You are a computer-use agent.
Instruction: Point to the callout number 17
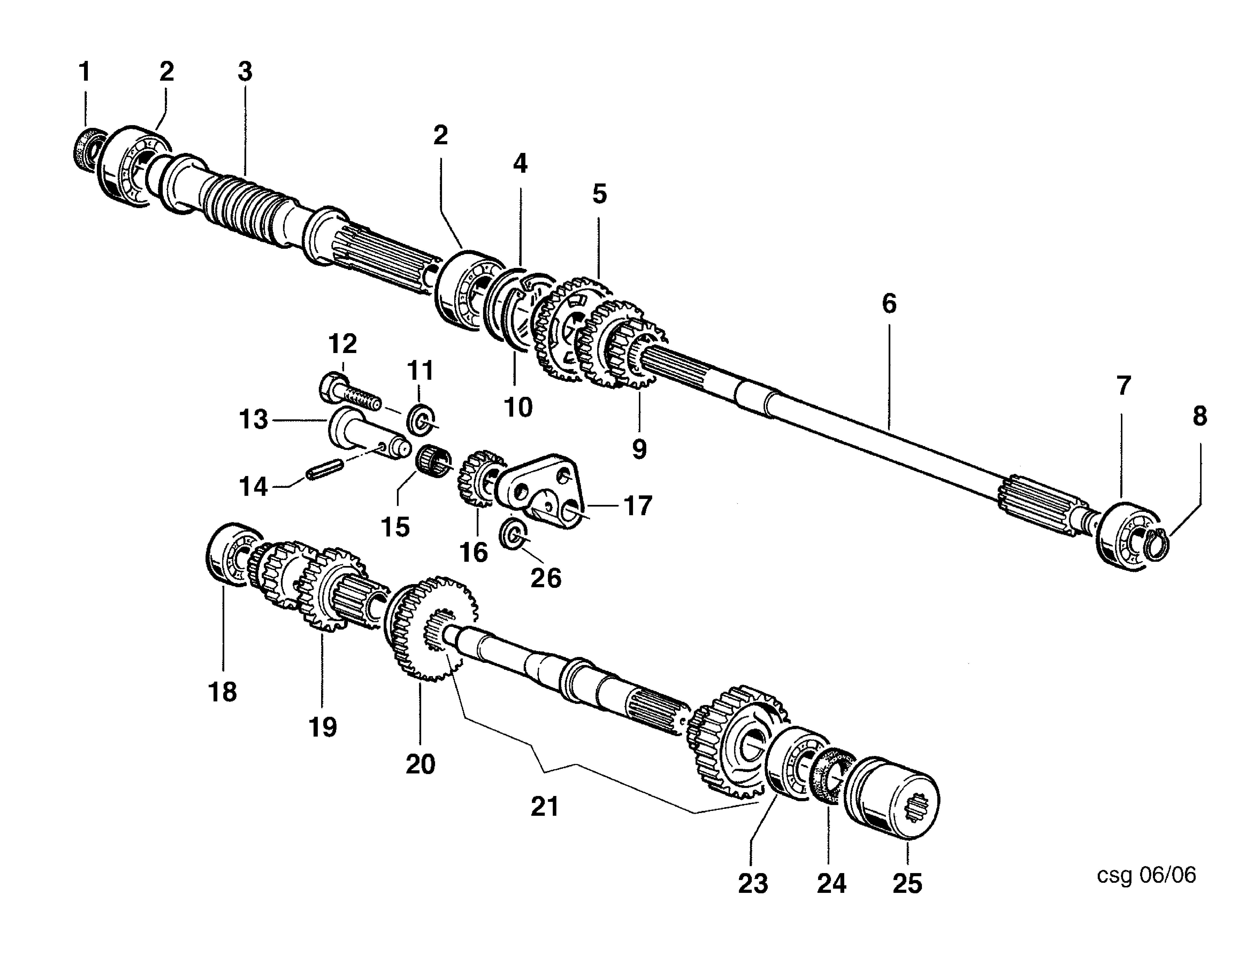[638, 506]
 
